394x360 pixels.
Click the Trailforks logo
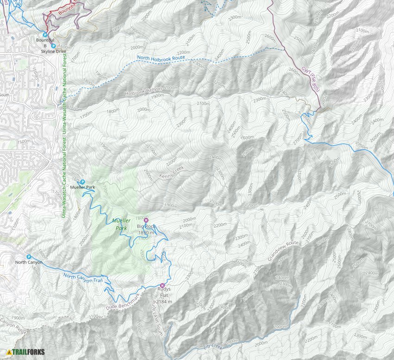[x=26, y=352]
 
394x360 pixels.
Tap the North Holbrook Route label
[x=161, y=58]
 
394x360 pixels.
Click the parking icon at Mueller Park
[x=83, y=182]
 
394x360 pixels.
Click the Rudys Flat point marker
[x=162, y=285]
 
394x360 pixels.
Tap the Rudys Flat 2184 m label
[x=165, y=295]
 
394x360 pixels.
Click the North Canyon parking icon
[x=29, y=257]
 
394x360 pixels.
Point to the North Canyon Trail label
[x=83, y=278]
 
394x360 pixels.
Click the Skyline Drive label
[x=54, y=51]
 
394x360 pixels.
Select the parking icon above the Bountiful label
[x=45, y=34]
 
